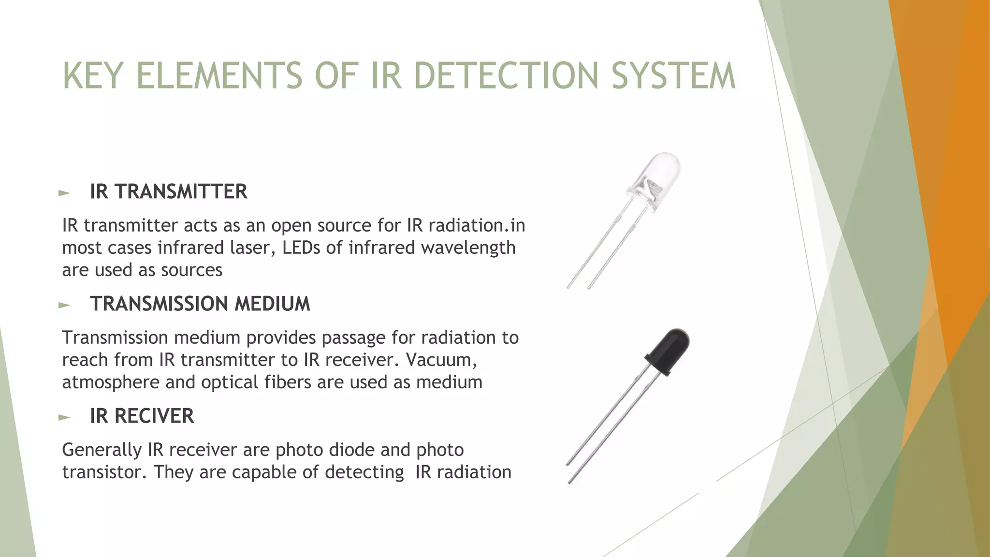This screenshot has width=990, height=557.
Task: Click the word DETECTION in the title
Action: (508, 76)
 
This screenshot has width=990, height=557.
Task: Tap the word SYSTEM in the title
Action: (673, 76)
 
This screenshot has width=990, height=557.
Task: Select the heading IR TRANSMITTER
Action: (168, 192)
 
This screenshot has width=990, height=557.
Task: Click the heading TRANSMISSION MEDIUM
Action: (200, 304)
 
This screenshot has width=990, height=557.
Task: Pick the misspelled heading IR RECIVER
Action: (142, 416)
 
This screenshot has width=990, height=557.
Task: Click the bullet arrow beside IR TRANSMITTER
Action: (64, 193)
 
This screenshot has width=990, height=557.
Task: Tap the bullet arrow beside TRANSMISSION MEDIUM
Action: (64, 305)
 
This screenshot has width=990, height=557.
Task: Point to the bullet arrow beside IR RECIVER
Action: (64, 417)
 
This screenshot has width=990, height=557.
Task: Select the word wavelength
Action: (468, 248)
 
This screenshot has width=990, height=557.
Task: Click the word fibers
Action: (288, 382)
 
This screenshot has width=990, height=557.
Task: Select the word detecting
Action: (364, 472)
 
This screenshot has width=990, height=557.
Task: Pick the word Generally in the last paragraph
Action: (102, 450)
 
